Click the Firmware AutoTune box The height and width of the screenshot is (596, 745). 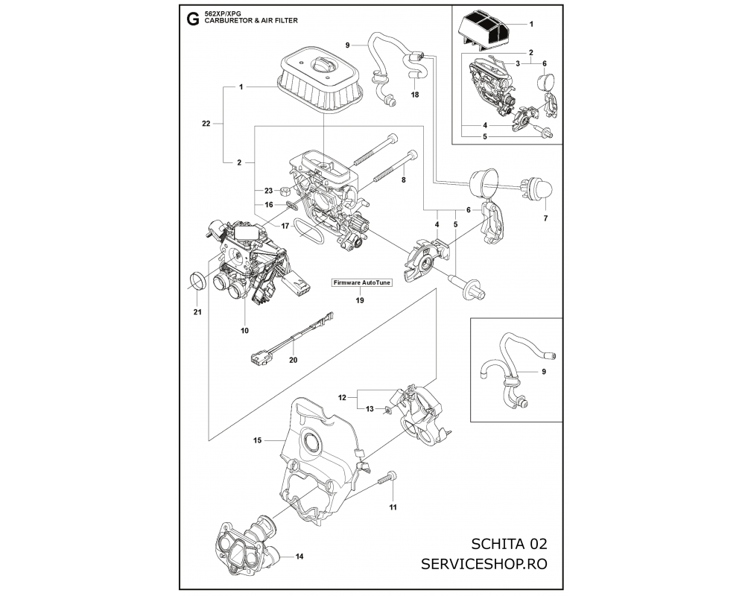pos(361,283)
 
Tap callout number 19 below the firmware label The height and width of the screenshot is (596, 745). pos(360,300)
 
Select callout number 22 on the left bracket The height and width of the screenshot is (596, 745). pos(206,124)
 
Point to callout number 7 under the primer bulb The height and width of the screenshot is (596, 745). pos(545,219)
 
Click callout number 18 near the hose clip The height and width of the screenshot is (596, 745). pos(415,95)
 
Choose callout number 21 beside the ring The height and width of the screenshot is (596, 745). pos(197,311)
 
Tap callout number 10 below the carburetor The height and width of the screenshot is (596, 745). pos(244,329)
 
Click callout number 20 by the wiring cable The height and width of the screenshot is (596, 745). pos(293,359)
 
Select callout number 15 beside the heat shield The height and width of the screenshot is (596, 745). pos(257,441)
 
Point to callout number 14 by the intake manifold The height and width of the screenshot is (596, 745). pos(299,557)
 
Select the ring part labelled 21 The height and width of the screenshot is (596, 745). pos(199,282)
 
